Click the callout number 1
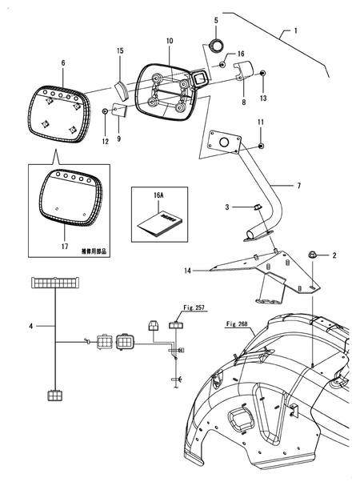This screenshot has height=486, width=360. (x=294, y=30)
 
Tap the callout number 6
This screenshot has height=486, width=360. (x=64, y=60)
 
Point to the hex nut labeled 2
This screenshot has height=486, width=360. (x=313, y=255)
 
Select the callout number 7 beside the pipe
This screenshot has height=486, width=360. (x=299, y=185)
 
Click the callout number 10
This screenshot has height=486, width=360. (x=170, y=40)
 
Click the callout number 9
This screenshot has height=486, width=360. (x=119, y=139)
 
